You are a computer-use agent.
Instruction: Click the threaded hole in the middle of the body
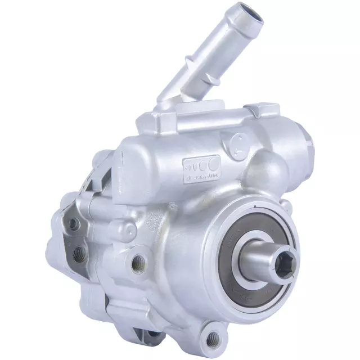(x=137, y=261)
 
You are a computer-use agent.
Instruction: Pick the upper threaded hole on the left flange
(x=72, y=225)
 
